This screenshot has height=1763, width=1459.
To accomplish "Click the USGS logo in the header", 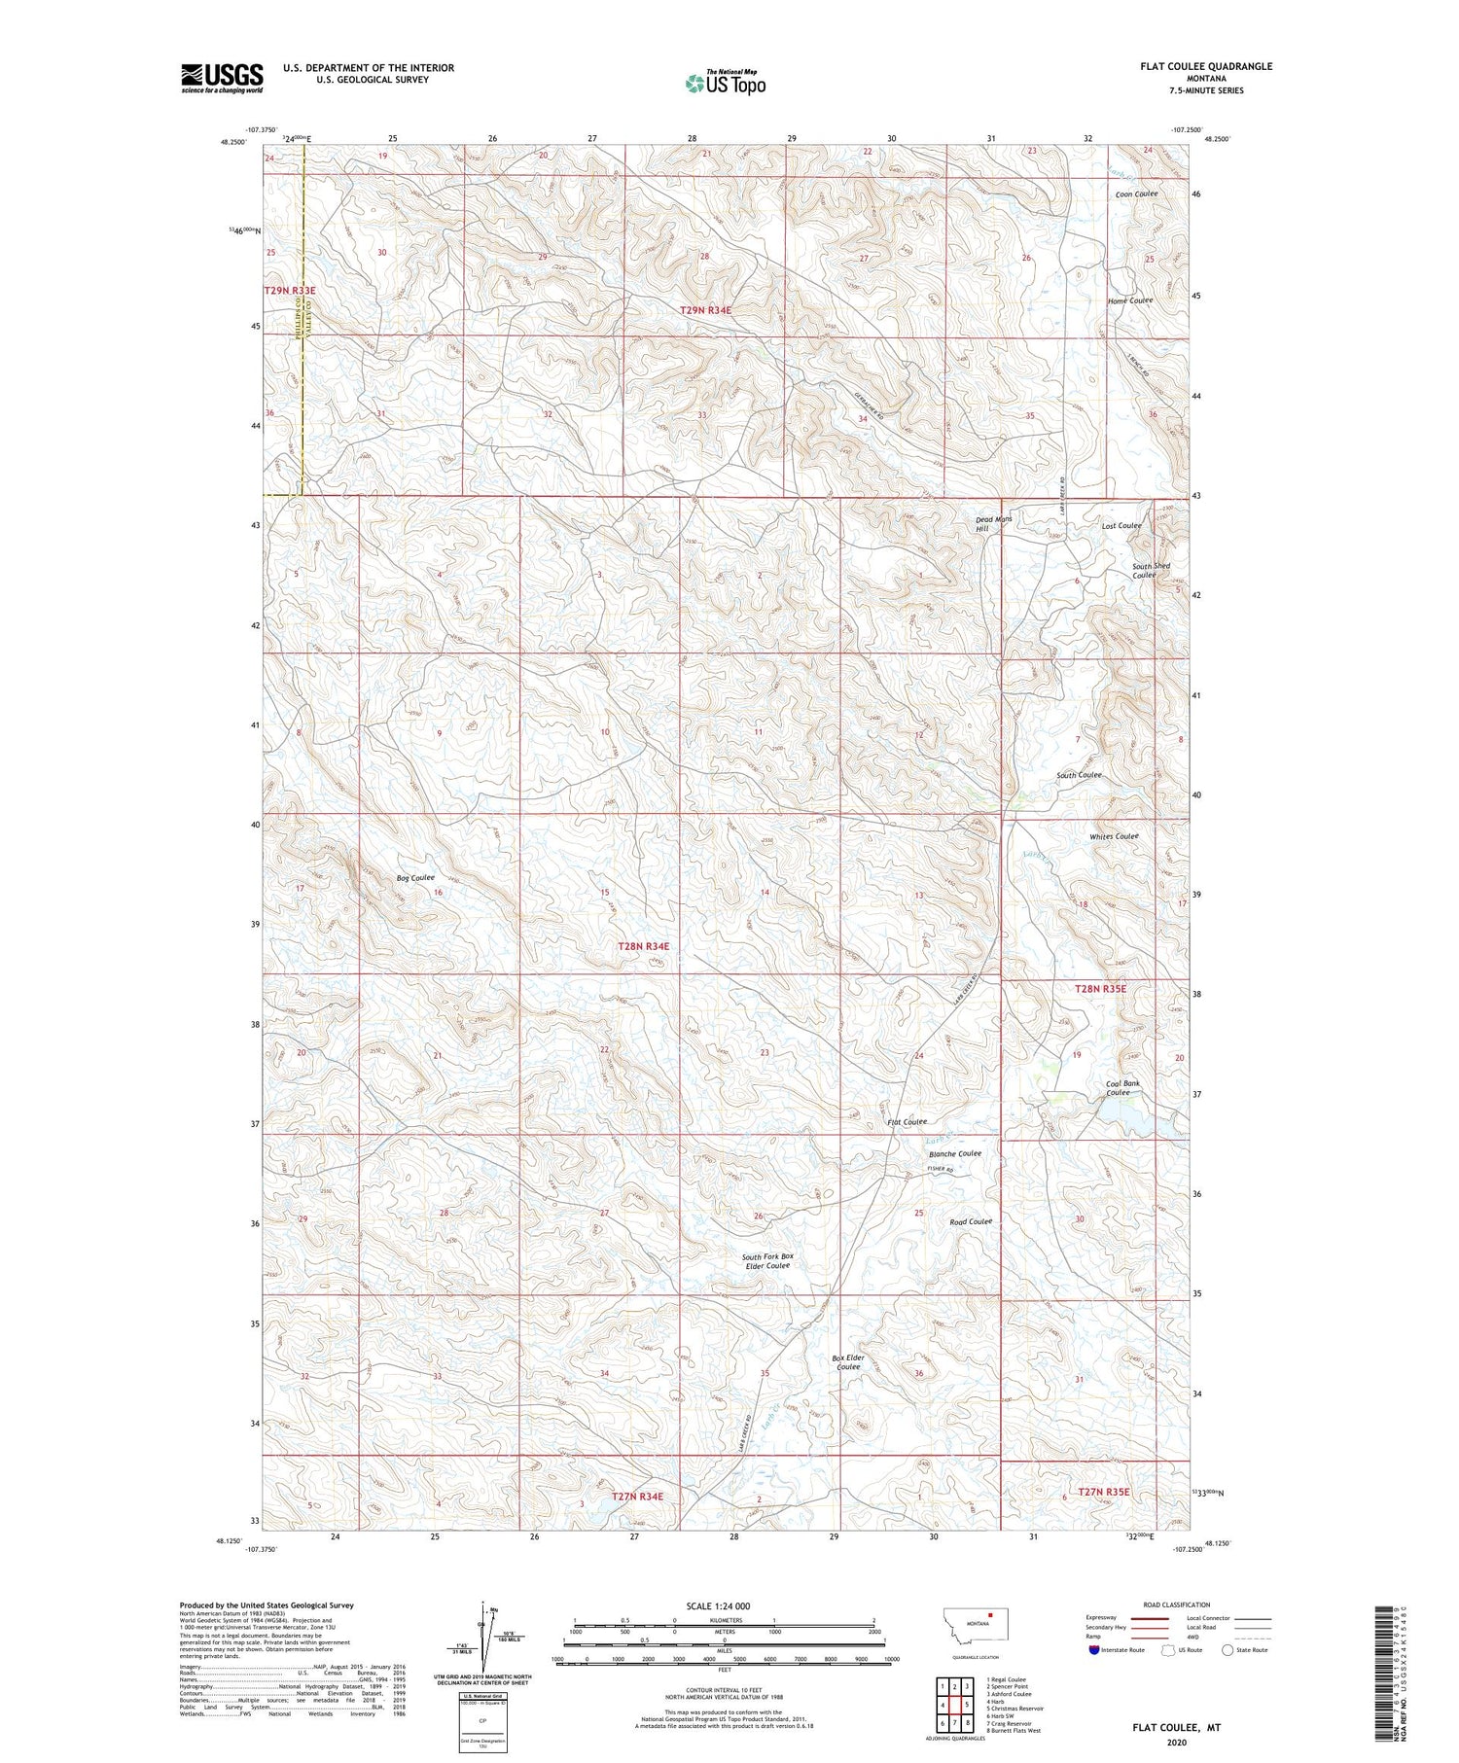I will [x=222, y=78].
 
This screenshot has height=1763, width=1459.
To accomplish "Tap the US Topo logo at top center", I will [x=726, y=83].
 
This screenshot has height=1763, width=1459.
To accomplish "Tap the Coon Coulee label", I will [x=1136, y=194].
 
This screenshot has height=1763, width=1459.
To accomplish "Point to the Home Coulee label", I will [x=1130, y=300].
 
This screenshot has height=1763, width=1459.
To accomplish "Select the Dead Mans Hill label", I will [x=994, y=524].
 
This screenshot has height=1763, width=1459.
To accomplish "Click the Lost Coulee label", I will [x=1121, y=525].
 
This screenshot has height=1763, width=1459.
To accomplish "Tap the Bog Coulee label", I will [x=415, y=878].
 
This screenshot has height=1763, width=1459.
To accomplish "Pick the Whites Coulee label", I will [x=1114, y=836].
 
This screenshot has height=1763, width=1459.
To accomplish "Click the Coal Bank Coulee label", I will [x=1122, y=1087].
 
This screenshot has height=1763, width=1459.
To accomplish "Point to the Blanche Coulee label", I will [x=955, y=1153].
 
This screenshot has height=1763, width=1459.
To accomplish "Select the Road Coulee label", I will [x=971, y=1221].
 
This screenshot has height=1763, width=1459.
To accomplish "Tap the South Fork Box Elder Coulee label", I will [x=767, y=1260].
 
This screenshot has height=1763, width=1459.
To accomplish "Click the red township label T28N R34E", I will [x=644, y=945].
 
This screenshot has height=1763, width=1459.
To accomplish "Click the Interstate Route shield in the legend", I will [x=1094, y=1650].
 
